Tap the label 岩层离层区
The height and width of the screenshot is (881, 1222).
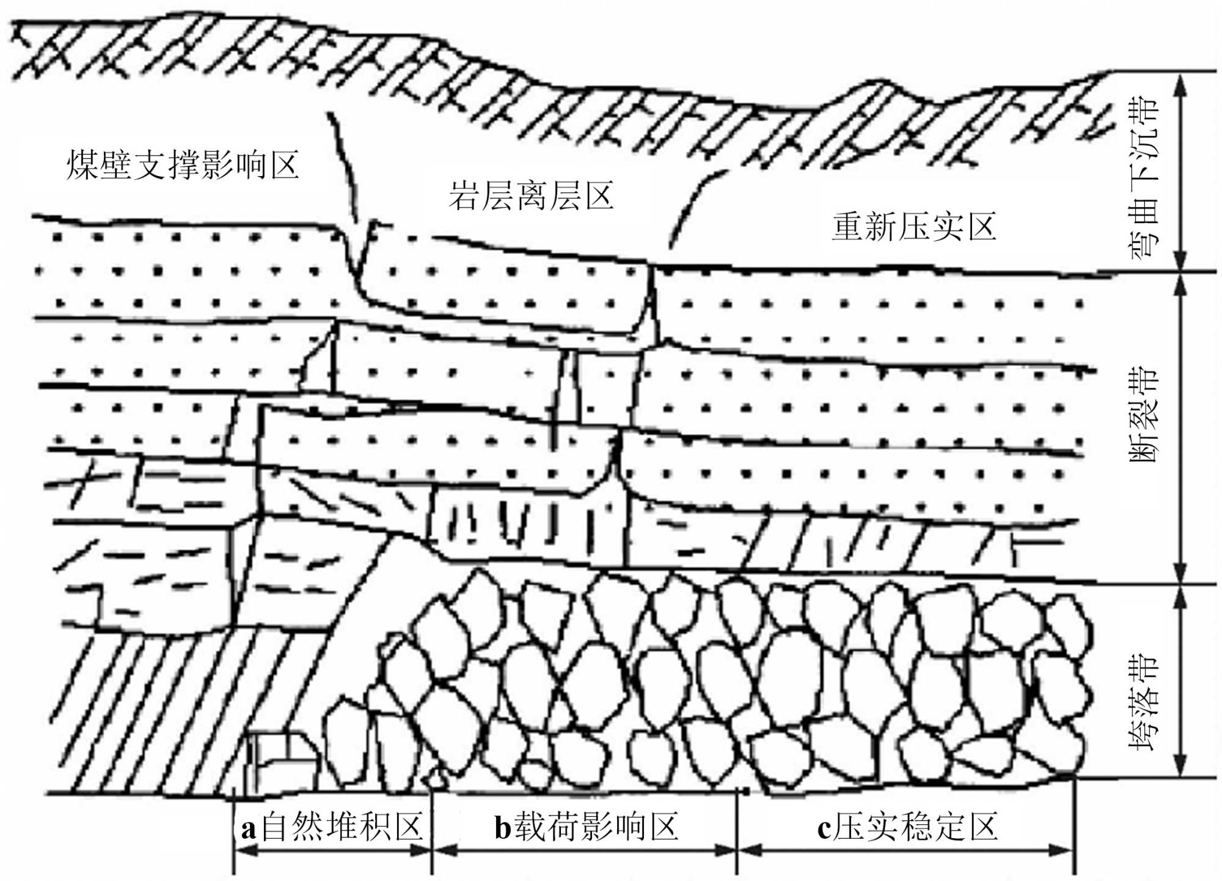point(531,195)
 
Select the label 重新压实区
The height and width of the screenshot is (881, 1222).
point(913,227)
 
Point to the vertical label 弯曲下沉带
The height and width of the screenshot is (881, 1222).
point(1143,177)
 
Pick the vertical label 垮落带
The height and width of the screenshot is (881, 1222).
point(1143,703)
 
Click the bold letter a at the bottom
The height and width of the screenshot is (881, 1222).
point(248,830)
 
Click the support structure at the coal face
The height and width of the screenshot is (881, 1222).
point(281,761)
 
